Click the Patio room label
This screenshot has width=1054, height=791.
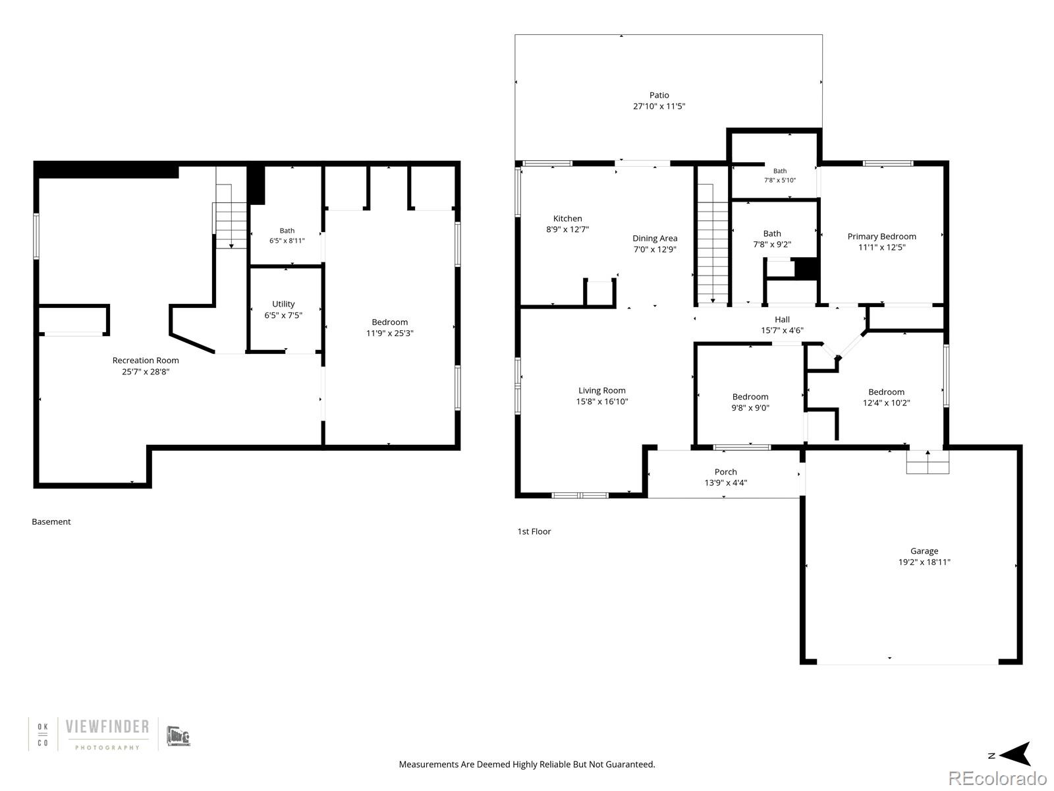(x=659, y=95)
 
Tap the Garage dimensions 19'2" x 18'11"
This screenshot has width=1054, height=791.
(x=924, y=562)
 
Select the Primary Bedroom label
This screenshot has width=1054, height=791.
(x=881, y=236)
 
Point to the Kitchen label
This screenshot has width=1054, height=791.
(x=567, y=219)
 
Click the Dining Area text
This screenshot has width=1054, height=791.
(x=655, y=238)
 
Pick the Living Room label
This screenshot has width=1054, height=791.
(x=601, y=390)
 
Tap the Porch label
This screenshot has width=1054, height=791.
(x=725, y=471)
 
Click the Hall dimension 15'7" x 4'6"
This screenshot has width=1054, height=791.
(x=782, y=330)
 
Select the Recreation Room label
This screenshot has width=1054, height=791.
(x=146, y=360)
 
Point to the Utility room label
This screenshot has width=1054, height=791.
(x=283, y=304)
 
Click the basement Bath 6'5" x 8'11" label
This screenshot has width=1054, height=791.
(x=287, y=236)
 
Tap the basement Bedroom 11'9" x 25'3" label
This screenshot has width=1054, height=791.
(x=389, y=328)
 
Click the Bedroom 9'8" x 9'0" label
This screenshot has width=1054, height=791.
(x=750, y=402)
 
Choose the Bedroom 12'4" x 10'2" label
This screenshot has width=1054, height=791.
(x=886, y=397)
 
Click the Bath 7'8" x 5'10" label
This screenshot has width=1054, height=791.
(x=780, y=175)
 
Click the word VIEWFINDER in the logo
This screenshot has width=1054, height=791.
(x=107, y=726)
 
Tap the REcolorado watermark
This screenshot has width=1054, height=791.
(x=997, y=778)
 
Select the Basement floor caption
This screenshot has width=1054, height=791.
(x=51, y=521)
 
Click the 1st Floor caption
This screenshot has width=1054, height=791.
(x=534, y=531)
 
